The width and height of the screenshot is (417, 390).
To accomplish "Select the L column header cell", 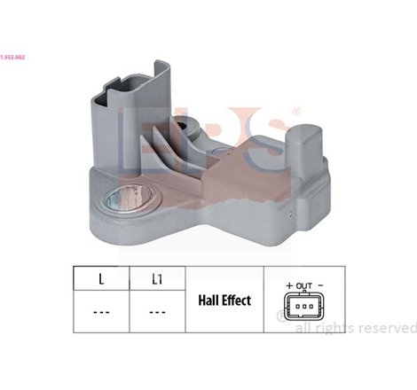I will click(x=101, y=279).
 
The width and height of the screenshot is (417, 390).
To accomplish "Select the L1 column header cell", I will click(x=156, y=279).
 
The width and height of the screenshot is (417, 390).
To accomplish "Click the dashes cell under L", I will click(x=101, y=313).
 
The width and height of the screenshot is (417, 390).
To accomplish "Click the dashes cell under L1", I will click(x=156, y=313).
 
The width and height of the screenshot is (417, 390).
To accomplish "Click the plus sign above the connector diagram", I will click(x=289, y=285).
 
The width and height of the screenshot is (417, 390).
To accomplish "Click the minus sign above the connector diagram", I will click(x=320, y=285).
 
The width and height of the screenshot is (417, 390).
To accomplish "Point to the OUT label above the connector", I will click(x=304, y=285).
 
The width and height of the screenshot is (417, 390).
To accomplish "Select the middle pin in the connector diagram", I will click(x=305, y=307).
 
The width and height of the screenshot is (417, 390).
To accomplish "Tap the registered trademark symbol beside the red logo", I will click(x=295, y=112).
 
